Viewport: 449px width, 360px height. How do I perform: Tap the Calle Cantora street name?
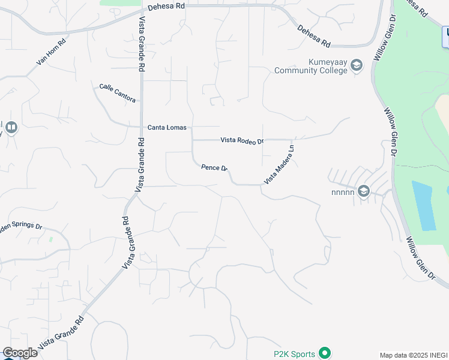click(x=118, y=93)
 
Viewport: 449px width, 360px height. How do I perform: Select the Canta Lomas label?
click(x=167, y=128)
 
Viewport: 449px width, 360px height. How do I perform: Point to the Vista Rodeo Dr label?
click(x=242, y=140)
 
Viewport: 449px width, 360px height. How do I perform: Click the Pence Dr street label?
click(x=214, y=167)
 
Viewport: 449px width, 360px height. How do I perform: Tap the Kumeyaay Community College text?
click(x=310, y=66)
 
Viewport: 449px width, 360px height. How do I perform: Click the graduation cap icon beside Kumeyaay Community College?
click(x=357, y=65)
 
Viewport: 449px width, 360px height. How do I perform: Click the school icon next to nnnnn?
click(x=363, y=191)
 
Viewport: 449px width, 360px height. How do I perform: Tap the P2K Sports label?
click(x=294, y=354)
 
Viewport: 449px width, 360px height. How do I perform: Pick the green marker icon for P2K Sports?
click(x=325, y=353)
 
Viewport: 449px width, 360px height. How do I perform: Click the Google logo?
click(x=20, y=353)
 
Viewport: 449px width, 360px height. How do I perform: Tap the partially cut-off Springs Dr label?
click(x=22, y=227)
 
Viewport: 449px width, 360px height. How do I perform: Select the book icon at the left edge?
click(x=11, y=128)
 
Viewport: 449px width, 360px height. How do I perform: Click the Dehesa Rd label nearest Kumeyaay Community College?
click(x=314, y=35)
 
